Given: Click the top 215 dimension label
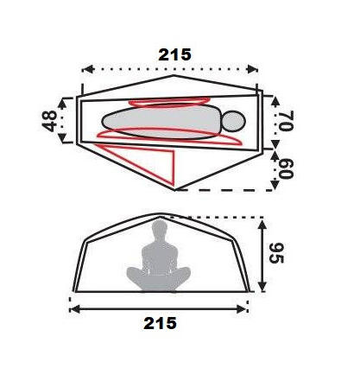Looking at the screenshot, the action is coord(174,54).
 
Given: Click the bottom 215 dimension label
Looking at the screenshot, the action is coord(160,323).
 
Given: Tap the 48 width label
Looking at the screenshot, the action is coord(50,121).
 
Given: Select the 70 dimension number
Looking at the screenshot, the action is coord(286,120).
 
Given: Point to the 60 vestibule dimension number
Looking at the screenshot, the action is coord(286,168).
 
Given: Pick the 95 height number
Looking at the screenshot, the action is coord(276,253).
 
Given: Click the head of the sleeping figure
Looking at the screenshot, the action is coord(234,121).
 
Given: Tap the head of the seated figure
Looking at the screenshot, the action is coord(160,228).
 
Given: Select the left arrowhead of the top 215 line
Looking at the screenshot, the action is coord(88,69).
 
